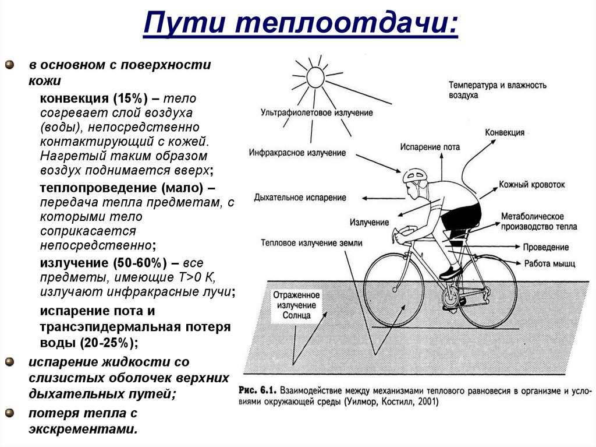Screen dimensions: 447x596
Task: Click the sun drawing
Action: pyautogui.click(x=315, y=76)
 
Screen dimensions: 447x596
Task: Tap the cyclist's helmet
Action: pyautogui.click(x=414, y=174)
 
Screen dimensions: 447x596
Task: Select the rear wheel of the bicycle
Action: pyautogui.click(x=487, y=291)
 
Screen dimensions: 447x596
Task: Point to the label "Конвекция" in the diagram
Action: pyautogui.click(x=505, y=133)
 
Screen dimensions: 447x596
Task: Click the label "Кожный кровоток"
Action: pyautogui.click(x=531, y=184)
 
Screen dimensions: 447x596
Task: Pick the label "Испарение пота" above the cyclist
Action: pyautogui.click(x=430, y=147)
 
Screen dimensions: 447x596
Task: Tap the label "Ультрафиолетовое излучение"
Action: pyautogui.click(x=317, y=112)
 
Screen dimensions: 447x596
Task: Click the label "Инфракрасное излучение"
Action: pyautogui.click(x=297, y=153)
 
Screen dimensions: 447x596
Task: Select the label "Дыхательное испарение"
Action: pyautogui.click(x=300, y=198)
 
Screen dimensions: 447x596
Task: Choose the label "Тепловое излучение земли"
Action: pyautogui.click(x=312, y=242)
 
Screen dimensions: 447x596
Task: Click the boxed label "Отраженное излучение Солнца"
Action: pyautogui.click(x=296, y=305)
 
